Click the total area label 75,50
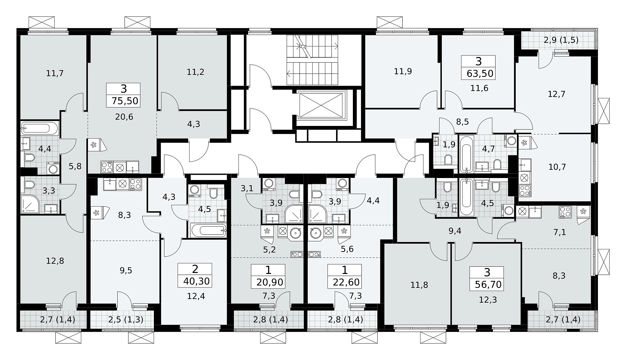pyautogui.click(x=125, y=101)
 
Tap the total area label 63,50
pyautogui.click(x=480, y=73)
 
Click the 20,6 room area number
pyautogui.click(x=124, y=116)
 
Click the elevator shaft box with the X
pyautogui.click(x=321, y=105)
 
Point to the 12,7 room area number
pyautogui.click(x=556, y=94)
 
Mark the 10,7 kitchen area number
pyautogui.click(x=557, y=167)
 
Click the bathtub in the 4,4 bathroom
pyautogui.click(x=40, y=128)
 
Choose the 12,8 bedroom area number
pyautogui.click(x=55, y=261)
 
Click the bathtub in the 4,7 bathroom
pyautogui.click(x=467, y=154)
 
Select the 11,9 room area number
pyautogui.click(x=403, y=71)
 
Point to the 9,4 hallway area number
pyautogui.click(x=455, y=231)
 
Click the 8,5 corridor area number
pyautogui.click(x=462, y=122)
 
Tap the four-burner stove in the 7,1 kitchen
pyautogui.click(x=565, y=212)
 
